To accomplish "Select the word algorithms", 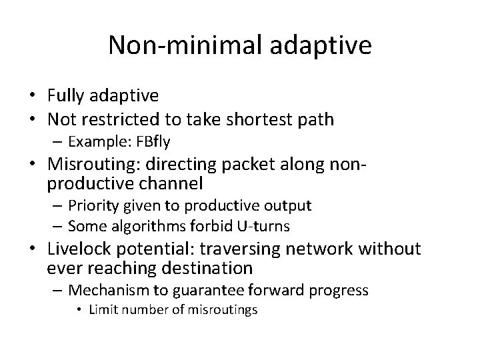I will (137, 225).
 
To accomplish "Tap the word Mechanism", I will (103, 290).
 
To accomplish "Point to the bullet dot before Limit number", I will (80, 309).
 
